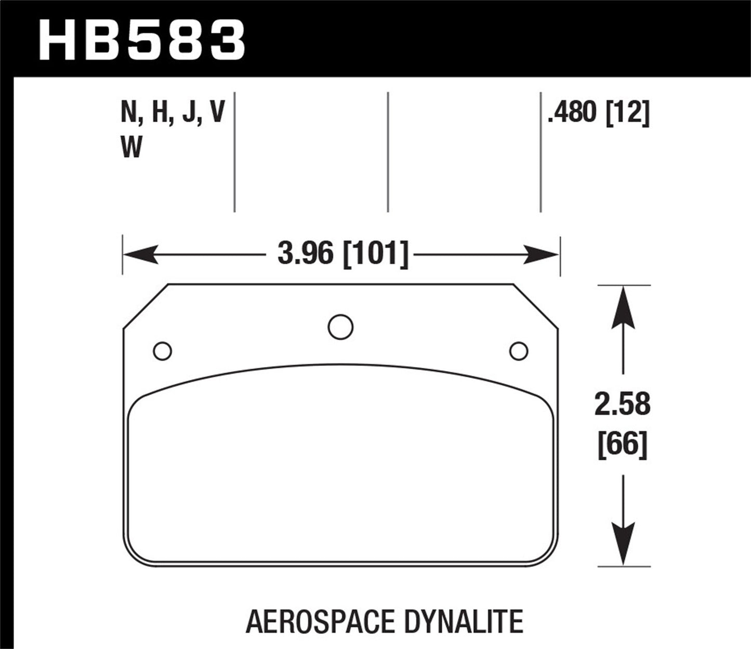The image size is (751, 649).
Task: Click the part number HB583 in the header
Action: click(141, 39)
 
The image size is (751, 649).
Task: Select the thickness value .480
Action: click(573, 112)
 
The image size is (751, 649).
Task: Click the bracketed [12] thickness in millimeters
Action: click(628, 112)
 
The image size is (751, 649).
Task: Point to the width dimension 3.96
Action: click(305, 254)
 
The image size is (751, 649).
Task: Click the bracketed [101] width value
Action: click(375, 254)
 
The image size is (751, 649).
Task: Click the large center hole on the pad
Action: click(340, 327)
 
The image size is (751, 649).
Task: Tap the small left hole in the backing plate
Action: click(163, 351)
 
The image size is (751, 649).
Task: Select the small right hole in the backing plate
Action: click(519, 351)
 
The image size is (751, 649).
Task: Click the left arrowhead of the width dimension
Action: click(139, 255)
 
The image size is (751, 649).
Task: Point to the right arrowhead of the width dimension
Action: click(543, 255)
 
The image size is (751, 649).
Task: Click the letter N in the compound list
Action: click(129, 112)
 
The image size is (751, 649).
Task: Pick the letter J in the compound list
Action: click(189, 112)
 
